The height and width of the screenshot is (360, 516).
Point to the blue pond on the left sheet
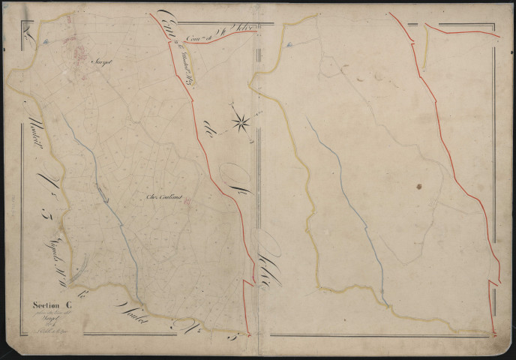(x=44, y=42)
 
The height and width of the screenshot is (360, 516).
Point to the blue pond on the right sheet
(x=289, y=44)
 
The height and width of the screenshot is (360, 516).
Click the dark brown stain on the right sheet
(x=418, y=186)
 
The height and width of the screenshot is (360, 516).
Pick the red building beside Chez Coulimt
(x=187, y=201)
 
